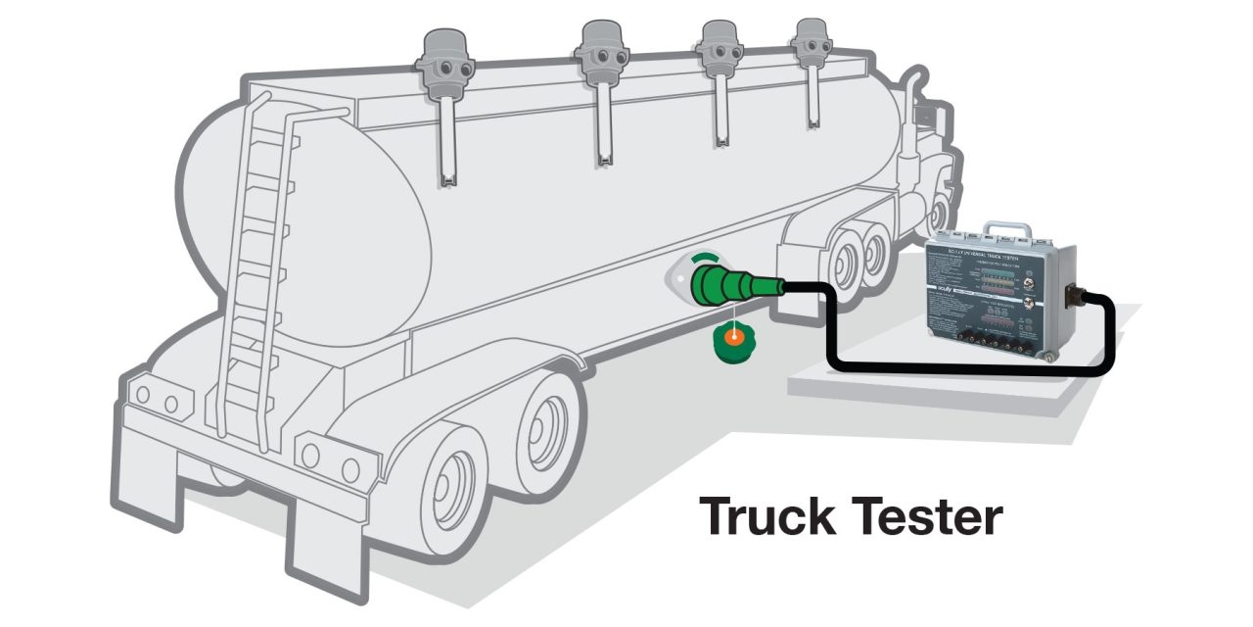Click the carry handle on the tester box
pyautogui.click(x=1006, y=231)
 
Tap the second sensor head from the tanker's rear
pyautogui.click(x=599, y=49)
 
